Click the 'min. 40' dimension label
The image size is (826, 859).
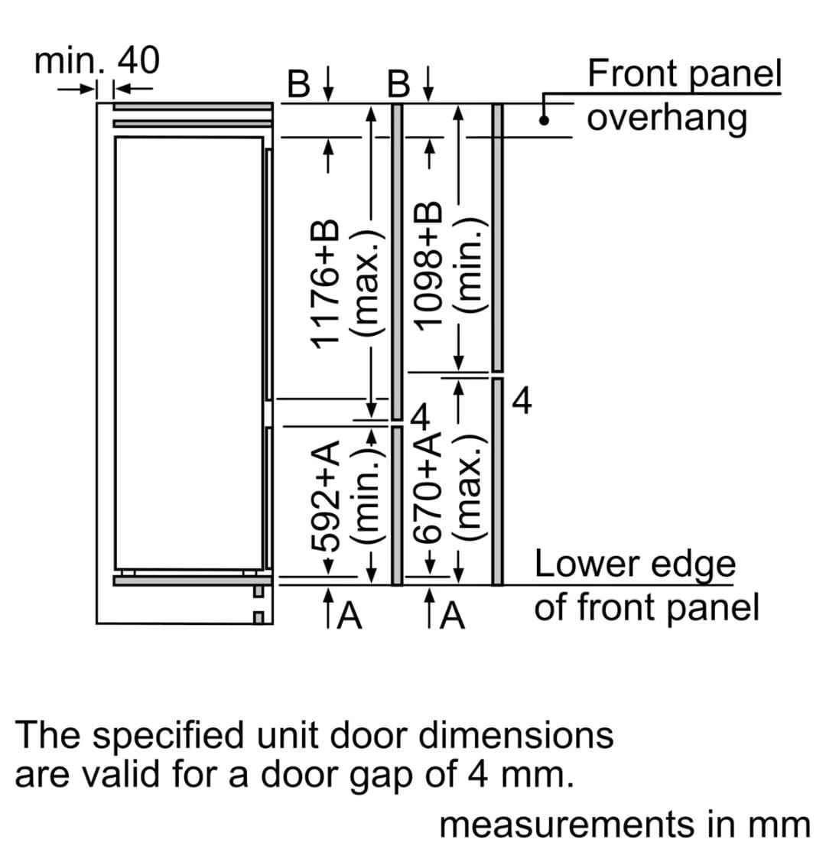click(x=97, y=61)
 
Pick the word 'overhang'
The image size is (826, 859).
click(x=667, y=119)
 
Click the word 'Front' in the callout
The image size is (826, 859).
click(x=631, y=74)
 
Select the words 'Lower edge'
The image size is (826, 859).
click(x=635, y=565)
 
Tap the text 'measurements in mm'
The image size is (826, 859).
click(x=624, y=825)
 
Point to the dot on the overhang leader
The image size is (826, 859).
click(x=544, y=119)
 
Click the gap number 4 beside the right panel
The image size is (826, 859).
click(x=522, y=400)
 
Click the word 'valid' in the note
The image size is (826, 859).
click(x=115, y=775)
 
